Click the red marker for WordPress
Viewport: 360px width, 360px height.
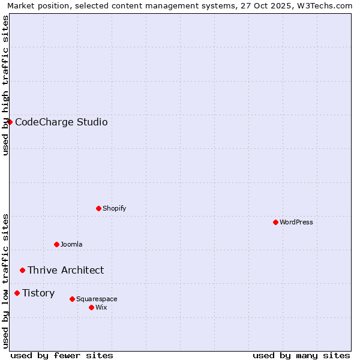(x=275, y=222)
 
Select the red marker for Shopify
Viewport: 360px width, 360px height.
(x=99, y=208)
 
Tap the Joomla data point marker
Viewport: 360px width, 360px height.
(x=57, y=244)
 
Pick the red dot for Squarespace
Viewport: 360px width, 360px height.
(x=72, y=299)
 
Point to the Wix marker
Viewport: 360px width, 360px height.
(x=91, y=307)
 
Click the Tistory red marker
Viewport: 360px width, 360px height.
(x=17, y=293)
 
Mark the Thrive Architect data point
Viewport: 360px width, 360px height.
(x=23, y=270)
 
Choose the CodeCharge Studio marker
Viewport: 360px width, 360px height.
(x=10, y=122)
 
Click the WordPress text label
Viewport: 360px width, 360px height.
(x=296, y=222)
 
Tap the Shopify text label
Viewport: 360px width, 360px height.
(x=114, y=208)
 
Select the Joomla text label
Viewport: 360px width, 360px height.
(x=71, y=244)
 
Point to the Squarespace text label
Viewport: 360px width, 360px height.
(x=97, y=299)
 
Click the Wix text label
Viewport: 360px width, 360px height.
(x=101, y=307)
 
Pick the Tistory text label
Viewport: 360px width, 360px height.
(x=38, y=293)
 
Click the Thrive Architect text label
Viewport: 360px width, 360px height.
(x=65, y=270)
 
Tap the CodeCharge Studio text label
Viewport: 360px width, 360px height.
(x=61, y=122)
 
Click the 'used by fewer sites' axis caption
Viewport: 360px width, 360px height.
(x=62, y=355)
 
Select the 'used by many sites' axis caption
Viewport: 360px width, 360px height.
(x=301, y=355)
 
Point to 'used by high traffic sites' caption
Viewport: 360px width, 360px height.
(x=5, y=85)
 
